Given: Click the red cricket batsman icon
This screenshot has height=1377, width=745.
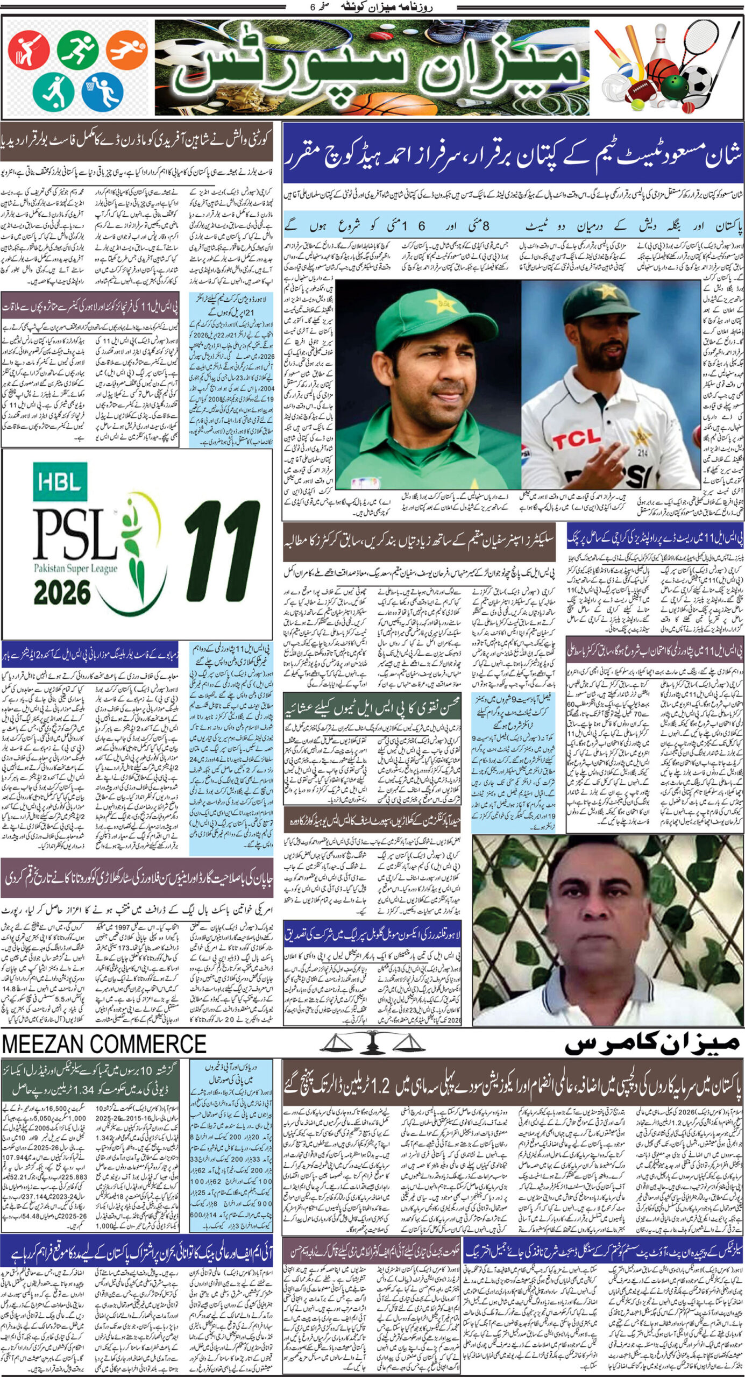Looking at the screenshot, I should tap(22, 50).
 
